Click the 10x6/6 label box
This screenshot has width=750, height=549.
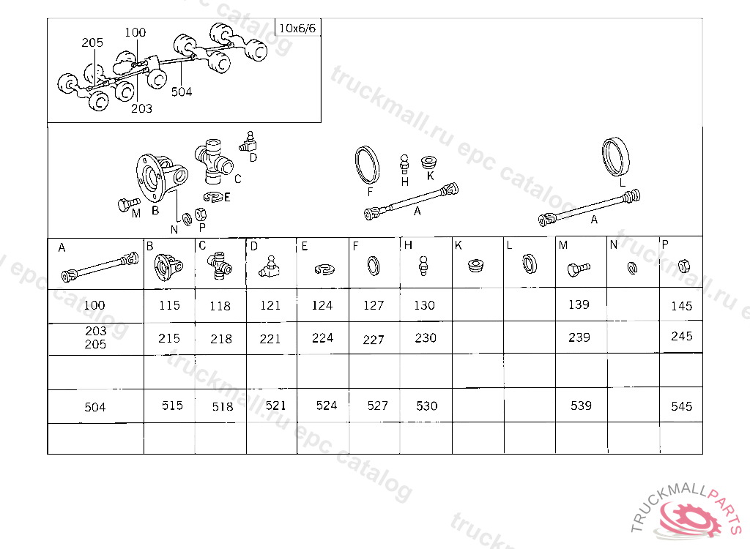(297, 28)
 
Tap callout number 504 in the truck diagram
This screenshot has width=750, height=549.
(182, 91)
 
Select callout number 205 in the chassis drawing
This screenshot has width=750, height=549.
(92, 42)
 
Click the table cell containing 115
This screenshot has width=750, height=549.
(169, 305)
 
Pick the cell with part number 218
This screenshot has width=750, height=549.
(221, 339)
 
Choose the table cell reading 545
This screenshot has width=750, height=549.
(681, 406)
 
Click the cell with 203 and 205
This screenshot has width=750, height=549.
(96, 337)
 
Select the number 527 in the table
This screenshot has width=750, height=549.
(377, 406)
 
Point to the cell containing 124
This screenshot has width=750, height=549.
(322, 305)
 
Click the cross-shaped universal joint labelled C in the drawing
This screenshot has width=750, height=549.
(213, 162)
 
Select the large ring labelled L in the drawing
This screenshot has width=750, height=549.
(615, 157)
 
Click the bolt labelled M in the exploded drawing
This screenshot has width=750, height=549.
(128, 205)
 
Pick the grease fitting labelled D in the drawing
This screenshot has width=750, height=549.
(248, 142)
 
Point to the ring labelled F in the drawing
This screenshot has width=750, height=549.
(368, 165)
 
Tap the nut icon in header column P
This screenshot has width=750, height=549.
(684, 266)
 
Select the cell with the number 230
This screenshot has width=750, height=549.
(426, 337)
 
